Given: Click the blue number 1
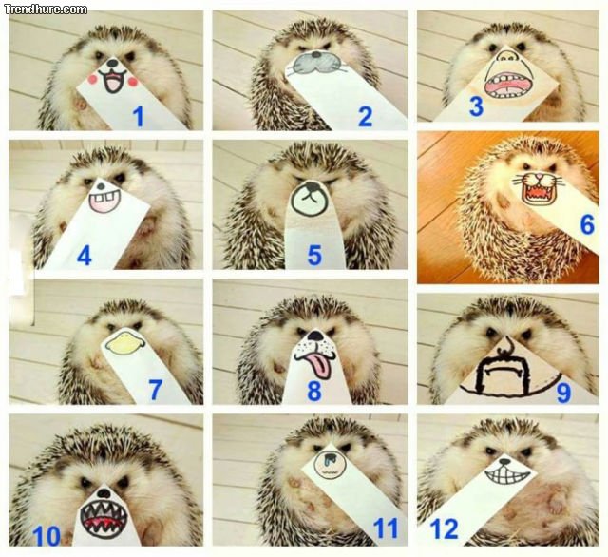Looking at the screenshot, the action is coord(138,116).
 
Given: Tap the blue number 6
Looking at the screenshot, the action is coord(587,224).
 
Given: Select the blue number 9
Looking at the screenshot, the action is coord(563,392).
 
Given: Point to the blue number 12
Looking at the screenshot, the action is coord(444,529).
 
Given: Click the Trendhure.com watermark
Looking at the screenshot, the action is coord(46,9).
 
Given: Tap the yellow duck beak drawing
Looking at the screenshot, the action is coord(124,341).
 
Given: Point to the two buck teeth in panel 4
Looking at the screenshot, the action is coord(104,199).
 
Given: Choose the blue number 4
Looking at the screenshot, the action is coord(85,256).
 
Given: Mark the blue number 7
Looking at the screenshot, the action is coord(155,390).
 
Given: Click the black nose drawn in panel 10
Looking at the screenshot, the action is coord(104,493).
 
